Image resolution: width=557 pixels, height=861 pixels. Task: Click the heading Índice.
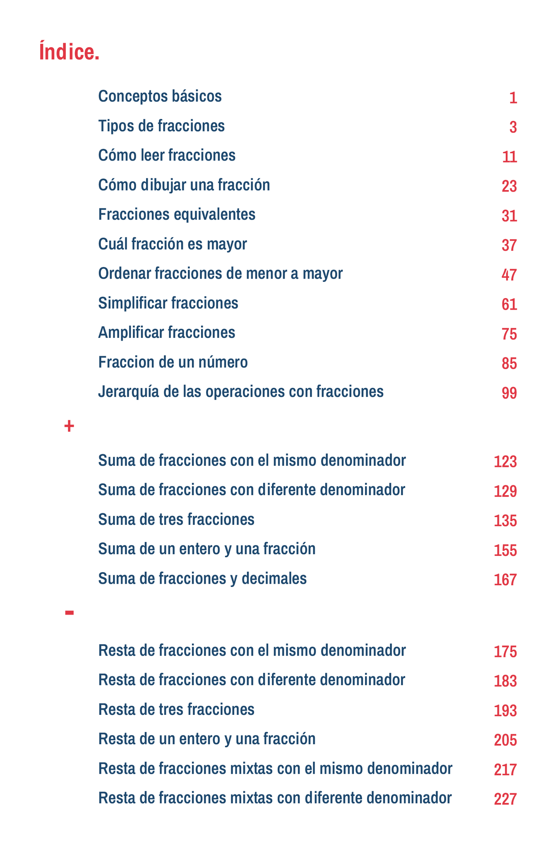click(69, 52)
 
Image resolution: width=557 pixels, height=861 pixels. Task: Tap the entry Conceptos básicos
click(160, 96)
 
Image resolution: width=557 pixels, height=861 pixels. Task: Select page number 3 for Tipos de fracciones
click(513, 127)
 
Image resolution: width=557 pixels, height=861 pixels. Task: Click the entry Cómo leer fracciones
click(167, 156)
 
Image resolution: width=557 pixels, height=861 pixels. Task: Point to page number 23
click(509, 186)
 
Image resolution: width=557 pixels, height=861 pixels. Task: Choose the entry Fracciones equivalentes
click(177, 214)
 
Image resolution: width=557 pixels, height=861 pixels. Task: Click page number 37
click(509, 245)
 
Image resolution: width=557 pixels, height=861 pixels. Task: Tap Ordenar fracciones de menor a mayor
click(220, 274)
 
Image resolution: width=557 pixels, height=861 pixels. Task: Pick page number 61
click(509, 305)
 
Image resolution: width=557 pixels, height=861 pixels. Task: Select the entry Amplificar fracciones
click(166, 332)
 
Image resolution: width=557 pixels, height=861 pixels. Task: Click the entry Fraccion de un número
click(173, 362)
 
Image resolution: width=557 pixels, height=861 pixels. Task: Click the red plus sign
click(69, 426)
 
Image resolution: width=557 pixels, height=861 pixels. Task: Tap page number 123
click(505, 462)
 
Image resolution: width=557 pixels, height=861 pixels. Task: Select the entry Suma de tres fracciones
click(176, 519)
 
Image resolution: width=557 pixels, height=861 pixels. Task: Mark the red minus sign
click(69, 612)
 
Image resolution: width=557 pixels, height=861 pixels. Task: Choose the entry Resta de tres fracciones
click(176, 709)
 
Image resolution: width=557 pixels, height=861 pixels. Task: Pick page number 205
click(505, 740)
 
